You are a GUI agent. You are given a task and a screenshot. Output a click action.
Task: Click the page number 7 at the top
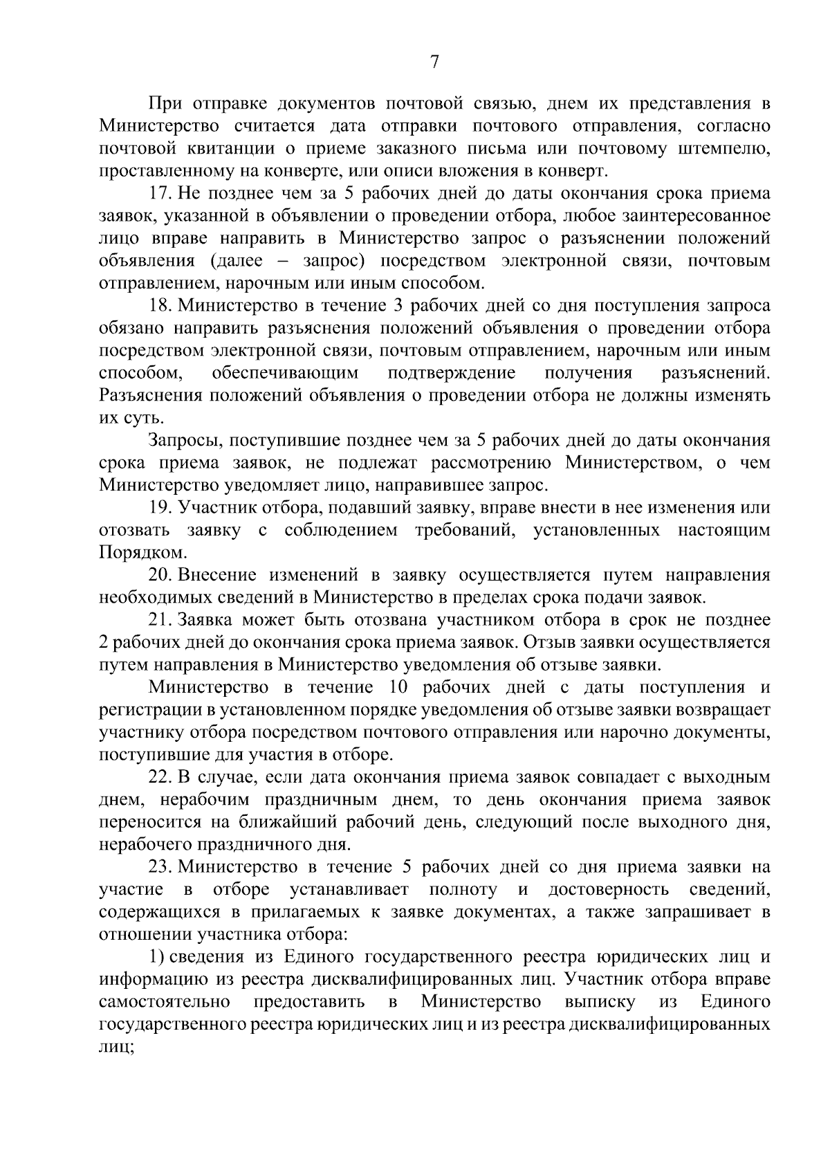tap(434, 63)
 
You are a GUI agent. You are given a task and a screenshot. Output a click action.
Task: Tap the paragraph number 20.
tap(160, 574)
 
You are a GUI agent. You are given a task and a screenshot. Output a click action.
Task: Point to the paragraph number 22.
tap(160, 777)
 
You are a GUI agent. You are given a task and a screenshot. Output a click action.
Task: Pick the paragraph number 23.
tap(160, 867)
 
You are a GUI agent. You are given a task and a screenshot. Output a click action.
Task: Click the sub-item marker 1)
tap(156, 957)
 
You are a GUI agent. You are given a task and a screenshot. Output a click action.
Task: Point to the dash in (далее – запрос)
tap(284, 262)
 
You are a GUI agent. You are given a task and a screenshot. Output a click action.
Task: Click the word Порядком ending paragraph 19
tap(142, 553)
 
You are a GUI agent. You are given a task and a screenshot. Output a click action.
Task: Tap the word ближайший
tap(378, 822)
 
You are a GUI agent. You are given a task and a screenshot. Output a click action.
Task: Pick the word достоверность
tap(609, 889)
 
